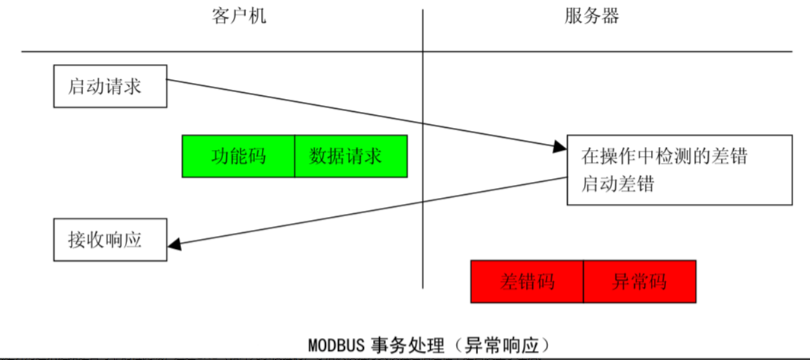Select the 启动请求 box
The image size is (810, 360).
pyautogui.click(x=110, y=86)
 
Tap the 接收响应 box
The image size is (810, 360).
pyautogui.click(x=110, y=241)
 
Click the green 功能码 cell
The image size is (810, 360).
pyautogui.click(x=238, y=157)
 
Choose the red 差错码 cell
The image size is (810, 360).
pyautogui.click(x=527, y=282)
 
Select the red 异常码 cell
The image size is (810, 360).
pyautogui.click(x=639, y=282)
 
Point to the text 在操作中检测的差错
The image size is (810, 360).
pyautogui.click(x=664, y=158)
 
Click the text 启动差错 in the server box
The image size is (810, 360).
pyautogui.click(x=617, y=183)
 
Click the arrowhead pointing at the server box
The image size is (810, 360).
pyautogui.click(x=560, y=147)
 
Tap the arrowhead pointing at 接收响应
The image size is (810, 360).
pyautogui.click(x=174, y=244)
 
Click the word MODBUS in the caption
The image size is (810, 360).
pyautogui.click(x=336, y=345)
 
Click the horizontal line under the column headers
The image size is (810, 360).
pyautogui.click(x=228, y=52)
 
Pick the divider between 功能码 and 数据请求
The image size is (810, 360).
pyautogui.click(x=295, y=157)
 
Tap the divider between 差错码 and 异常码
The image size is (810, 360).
pyautogui.click(x=583, y=282)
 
